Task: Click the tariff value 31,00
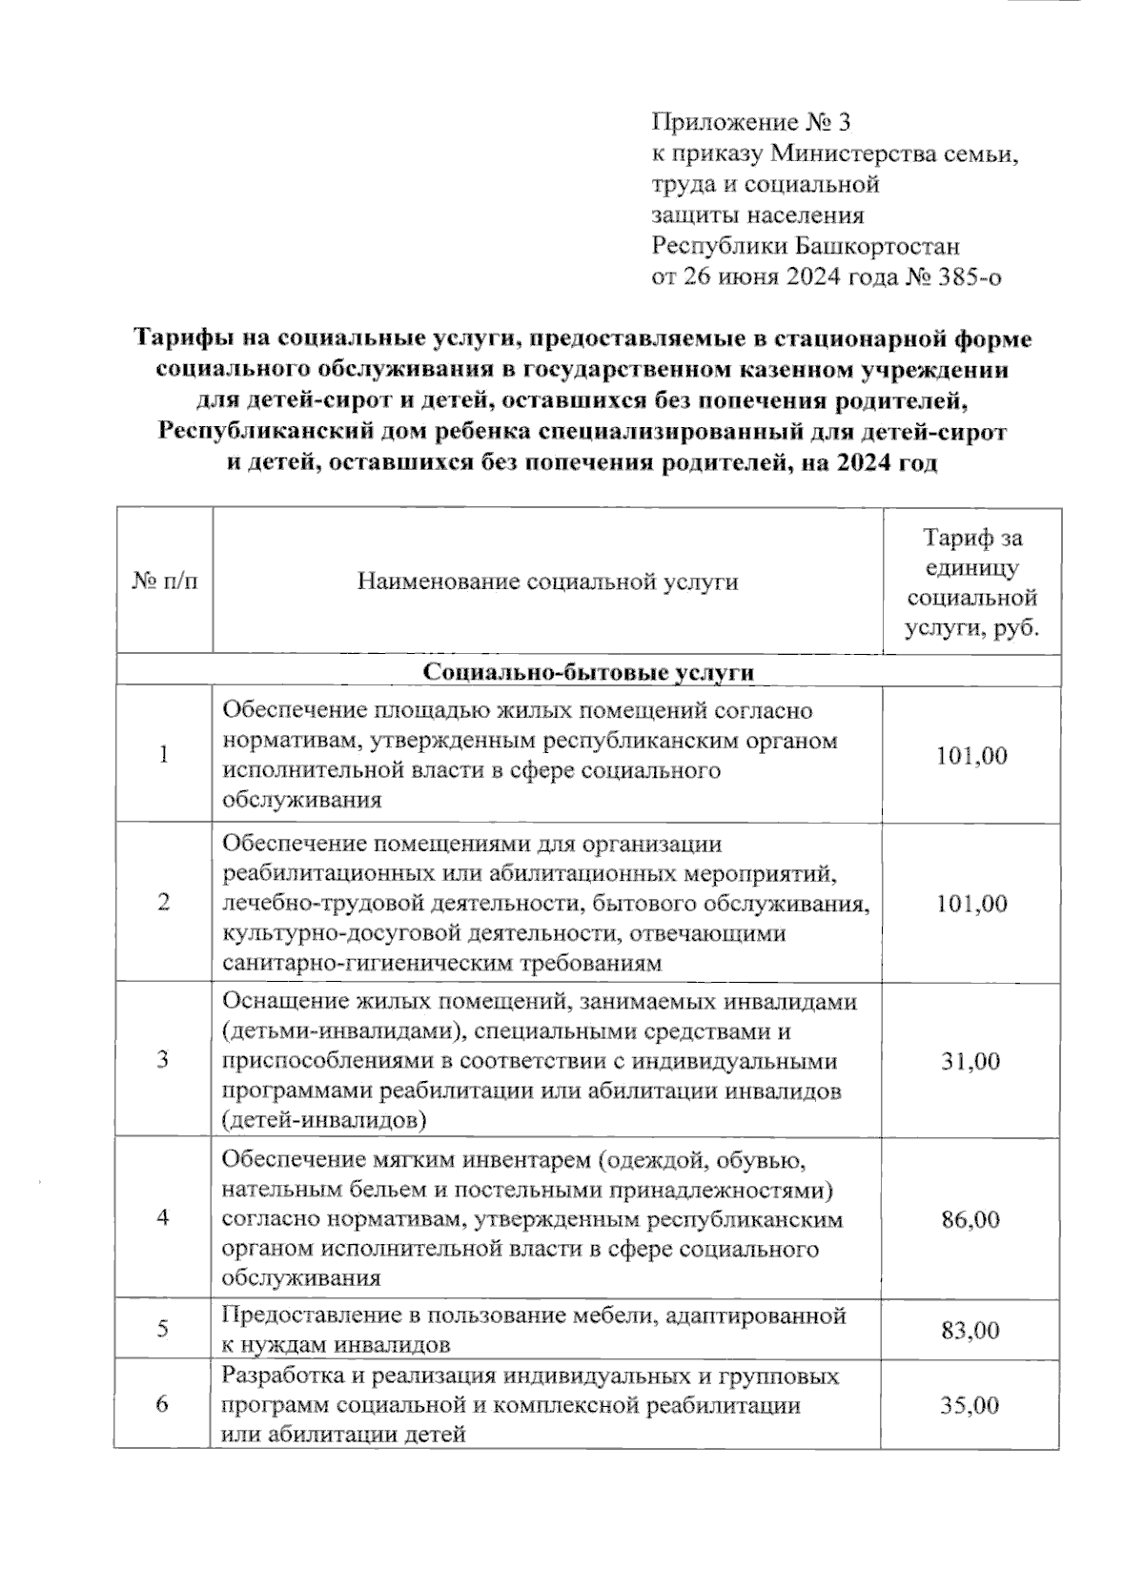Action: pyautogui.click(x=970, y=1061)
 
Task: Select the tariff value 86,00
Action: pyautogui.click(x=970, y=1219)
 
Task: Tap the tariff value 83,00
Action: pyautogui.click(x=970, y=1331)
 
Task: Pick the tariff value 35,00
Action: pyautogui.click(x=970, y=1406)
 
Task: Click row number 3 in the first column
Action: pyautogui.click(x=163, y=1061)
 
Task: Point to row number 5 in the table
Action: pyautogui.click(x=163, y=1330)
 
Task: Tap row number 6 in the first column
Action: pyautogui.click(x=163, y=1406)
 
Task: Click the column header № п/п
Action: pyautogui.click(x=164, y=581)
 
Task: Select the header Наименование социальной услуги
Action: pyautogui.click(x=547, y=581)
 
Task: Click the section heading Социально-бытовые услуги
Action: pyautogui.click(x=588, y=672)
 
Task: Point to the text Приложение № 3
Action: pyautogui.click(x=749, y=123)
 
